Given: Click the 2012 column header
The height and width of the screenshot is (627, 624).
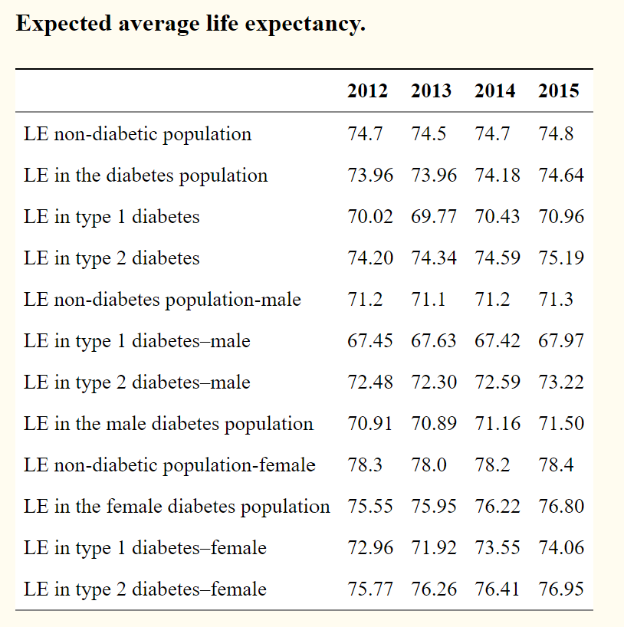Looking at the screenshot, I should tap(367, 91).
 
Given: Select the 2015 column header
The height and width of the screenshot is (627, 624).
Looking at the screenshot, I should tap(558, 91).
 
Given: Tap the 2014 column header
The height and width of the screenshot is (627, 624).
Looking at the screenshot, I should tap(494, 91).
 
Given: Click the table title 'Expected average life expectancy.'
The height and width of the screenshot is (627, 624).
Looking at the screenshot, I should tap(190, 23).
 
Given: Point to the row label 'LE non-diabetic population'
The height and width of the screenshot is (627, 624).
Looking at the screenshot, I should tap(137, 134).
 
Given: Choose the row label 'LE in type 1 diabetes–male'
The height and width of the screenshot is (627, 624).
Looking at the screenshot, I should tap(136, 341).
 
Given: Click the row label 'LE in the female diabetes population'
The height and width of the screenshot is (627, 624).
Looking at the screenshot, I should tap(177, 507).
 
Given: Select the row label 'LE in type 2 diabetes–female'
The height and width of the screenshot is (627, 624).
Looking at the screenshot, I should tap(145, 589).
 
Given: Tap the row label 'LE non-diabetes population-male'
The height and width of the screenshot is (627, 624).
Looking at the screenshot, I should tap(163, 300).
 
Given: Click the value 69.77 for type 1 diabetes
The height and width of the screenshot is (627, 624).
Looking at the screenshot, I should tap(434, 217).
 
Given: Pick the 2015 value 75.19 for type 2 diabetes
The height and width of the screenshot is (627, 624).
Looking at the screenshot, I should tap(561, 258).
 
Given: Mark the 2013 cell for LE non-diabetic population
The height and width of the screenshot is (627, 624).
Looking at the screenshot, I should tap(429, 134).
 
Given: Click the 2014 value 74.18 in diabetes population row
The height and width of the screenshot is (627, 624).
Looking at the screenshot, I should tap(498, 176).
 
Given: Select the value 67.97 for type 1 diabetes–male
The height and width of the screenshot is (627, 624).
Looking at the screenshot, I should tap(561, 341).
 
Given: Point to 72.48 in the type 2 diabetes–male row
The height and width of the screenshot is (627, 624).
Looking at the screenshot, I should tap(370, 382).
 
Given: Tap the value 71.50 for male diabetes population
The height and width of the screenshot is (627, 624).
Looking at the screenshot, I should tap(561, 424).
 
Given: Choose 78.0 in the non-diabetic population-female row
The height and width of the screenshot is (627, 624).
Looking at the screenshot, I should tap(429, 465).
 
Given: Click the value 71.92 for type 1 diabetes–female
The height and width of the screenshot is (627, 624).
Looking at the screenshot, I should tap(434, 548).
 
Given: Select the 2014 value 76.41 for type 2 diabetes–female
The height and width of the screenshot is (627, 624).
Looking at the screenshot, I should tap(498, 589).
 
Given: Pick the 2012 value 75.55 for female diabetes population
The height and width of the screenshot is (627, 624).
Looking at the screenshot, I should tap(370, 507).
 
